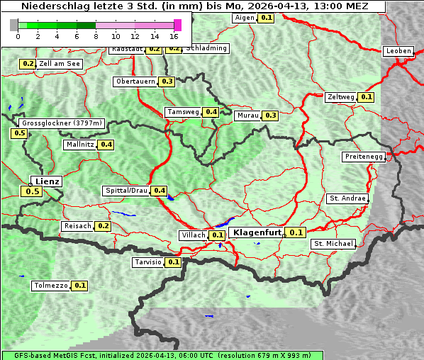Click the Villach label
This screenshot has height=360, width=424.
coord(193,235)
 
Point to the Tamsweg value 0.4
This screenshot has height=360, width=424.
coord(211,112)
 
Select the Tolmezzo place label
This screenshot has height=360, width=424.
coord(50,286)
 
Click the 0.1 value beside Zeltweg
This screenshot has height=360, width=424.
coord(366,97)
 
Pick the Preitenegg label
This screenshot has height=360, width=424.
coord(364,157)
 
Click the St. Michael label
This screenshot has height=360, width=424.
coord(333,244)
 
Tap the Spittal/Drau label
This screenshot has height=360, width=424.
coord(125,191)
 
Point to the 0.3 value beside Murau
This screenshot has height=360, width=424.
coord(270,115)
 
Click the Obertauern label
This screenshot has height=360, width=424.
coord(135,81)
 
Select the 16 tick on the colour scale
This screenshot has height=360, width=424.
coord(174,35)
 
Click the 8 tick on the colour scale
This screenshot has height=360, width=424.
coord(95,35)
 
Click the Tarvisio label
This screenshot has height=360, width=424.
coord(148,262)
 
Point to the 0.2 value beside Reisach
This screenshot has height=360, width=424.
coord(104,226)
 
